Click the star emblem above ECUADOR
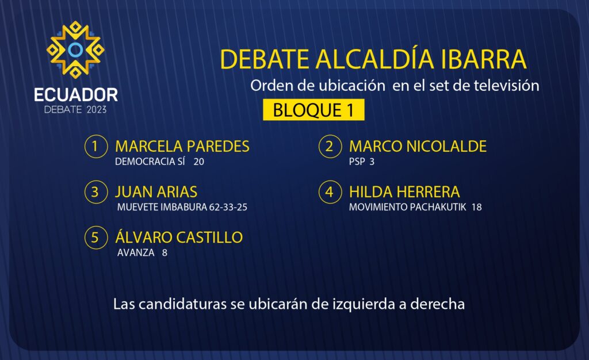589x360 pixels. [x=75, y=49]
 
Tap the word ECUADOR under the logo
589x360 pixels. [x=76, y=95]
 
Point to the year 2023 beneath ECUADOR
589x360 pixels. [x=97, y=110]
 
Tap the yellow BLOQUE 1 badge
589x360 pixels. [x=313, y=110]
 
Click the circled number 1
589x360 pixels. [x=96, y=146]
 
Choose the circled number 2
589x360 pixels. [x=330, y=146]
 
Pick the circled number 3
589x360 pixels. [x=96, y=192]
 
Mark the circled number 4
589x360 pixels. [x=330, y=192]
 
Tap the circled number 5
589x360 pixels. [x=96, y=238]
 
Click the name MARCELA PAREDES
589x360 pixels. [x=182, y=146]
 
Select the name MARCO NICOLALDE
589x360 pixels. [x=418, y=146]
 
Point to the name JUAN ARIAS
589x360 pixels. [x=156, y=192]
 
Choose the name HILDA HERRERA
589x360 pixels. [x=404, y=192]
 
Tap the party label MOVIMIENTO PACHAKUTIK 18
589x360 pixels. [x=415, y=207]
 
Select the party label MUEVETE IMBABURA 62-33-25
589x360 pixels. [x=182, y=207]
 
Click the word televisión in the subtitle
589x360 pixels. [x=506, y=86]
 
